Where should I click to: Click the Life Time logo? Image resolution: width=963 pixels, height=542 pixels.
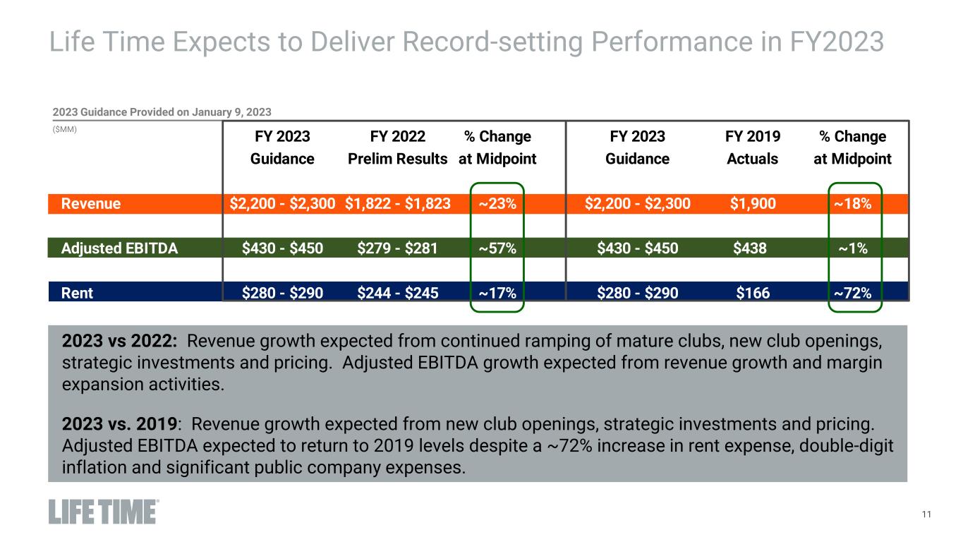[x=104, y=512]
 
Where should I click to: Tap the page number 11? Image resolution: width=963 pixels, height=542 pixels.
[x=926, y=514]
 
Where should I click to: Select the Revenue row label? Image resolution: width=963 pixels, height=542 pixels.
[x=91, y=204]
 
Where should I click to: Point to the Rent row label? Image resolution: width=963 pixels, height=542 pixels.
[x=77, y=291]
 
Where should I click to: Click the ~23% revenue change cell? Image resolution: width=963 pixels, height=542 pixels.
[x=497, y=204]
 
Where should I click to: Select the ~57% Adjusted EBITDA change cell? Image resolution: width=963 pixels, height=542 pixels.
[x=497, y=248]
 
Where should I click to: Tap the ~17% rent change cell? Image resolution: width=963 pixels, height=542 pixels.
[x=497, y=291]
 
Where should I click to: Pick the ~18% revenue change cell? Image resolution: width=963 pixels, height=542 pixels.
[x=853, y=204]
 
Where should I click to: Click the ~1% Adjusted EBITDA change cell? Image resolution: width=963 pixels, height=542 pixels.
[x=853, y=248]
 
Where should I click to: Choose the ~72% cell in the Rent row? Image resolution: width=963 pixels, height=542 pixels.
[x=853, y=291]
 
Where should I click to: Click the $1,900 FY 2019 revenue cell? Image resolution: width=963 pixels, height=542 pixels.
[x=753, y=204]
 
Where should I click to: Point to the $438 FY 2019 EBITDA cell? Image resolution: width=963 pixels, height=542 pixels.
[x=753, y=248]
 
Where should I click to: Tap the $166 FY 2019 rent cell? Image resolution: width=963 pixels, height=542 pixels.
[x=753, y=291]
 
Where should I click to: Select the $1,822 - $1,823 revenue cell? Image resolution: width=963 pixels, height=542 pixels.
[x=398, y=204]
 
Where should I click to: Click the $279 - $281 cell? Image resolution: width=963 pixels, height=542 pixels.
[x=398, y=248]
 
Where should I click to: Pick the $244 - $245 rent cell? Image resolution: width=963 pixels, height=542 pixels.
[x=398, y=291]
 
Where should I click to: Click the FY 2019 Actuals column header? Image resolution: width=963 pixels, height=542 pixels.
[x=753, y=147]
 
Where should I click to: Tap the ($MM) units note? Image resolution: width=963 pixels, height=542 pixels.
[x=65, y=130]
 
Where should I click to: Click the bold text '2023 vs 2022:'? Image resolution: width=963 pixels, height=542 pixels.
[x=119, y=342]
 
